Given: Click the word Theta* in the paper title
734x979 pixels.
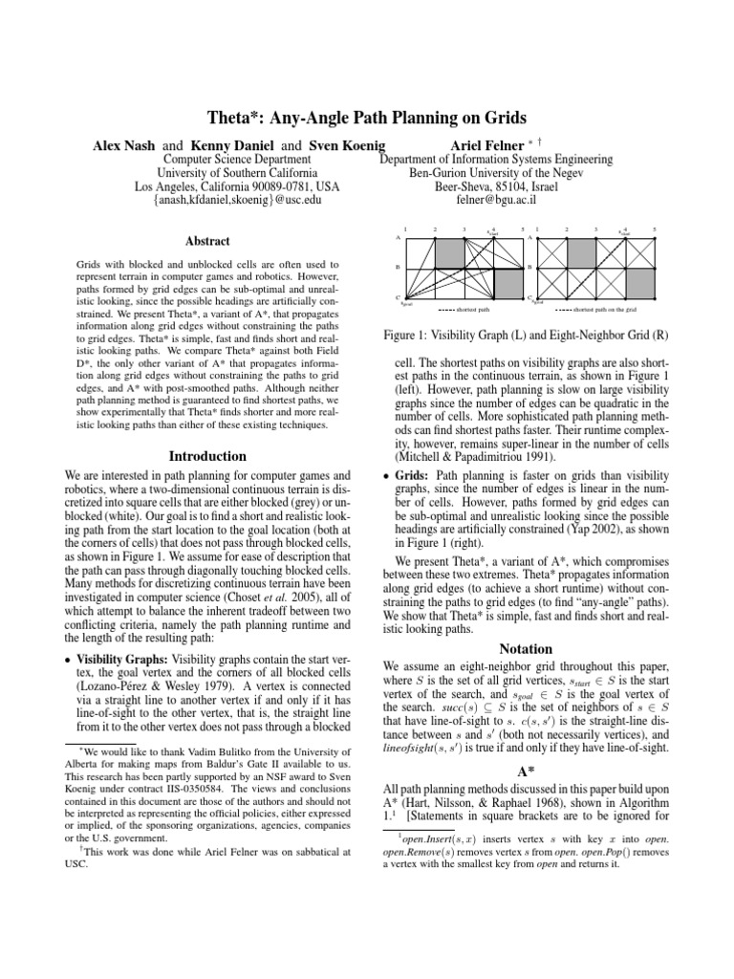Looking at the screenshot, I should (236, 119).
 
